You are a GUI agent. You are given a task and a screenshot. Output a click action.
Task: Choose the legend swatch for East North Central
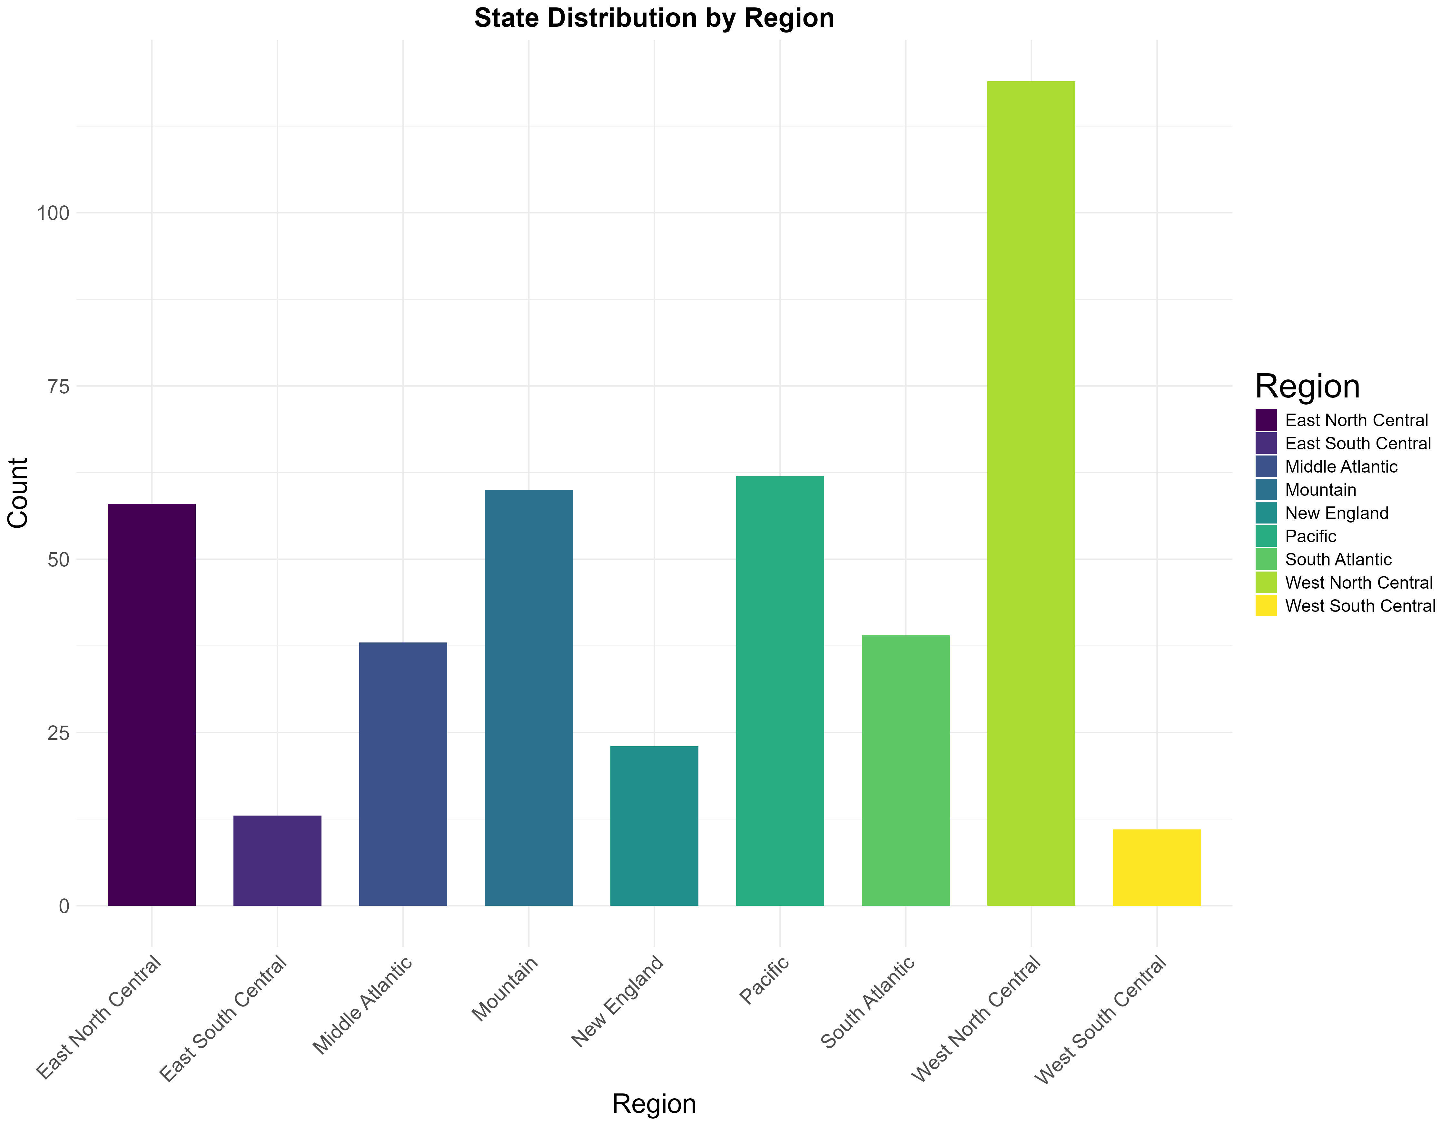1266,420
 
